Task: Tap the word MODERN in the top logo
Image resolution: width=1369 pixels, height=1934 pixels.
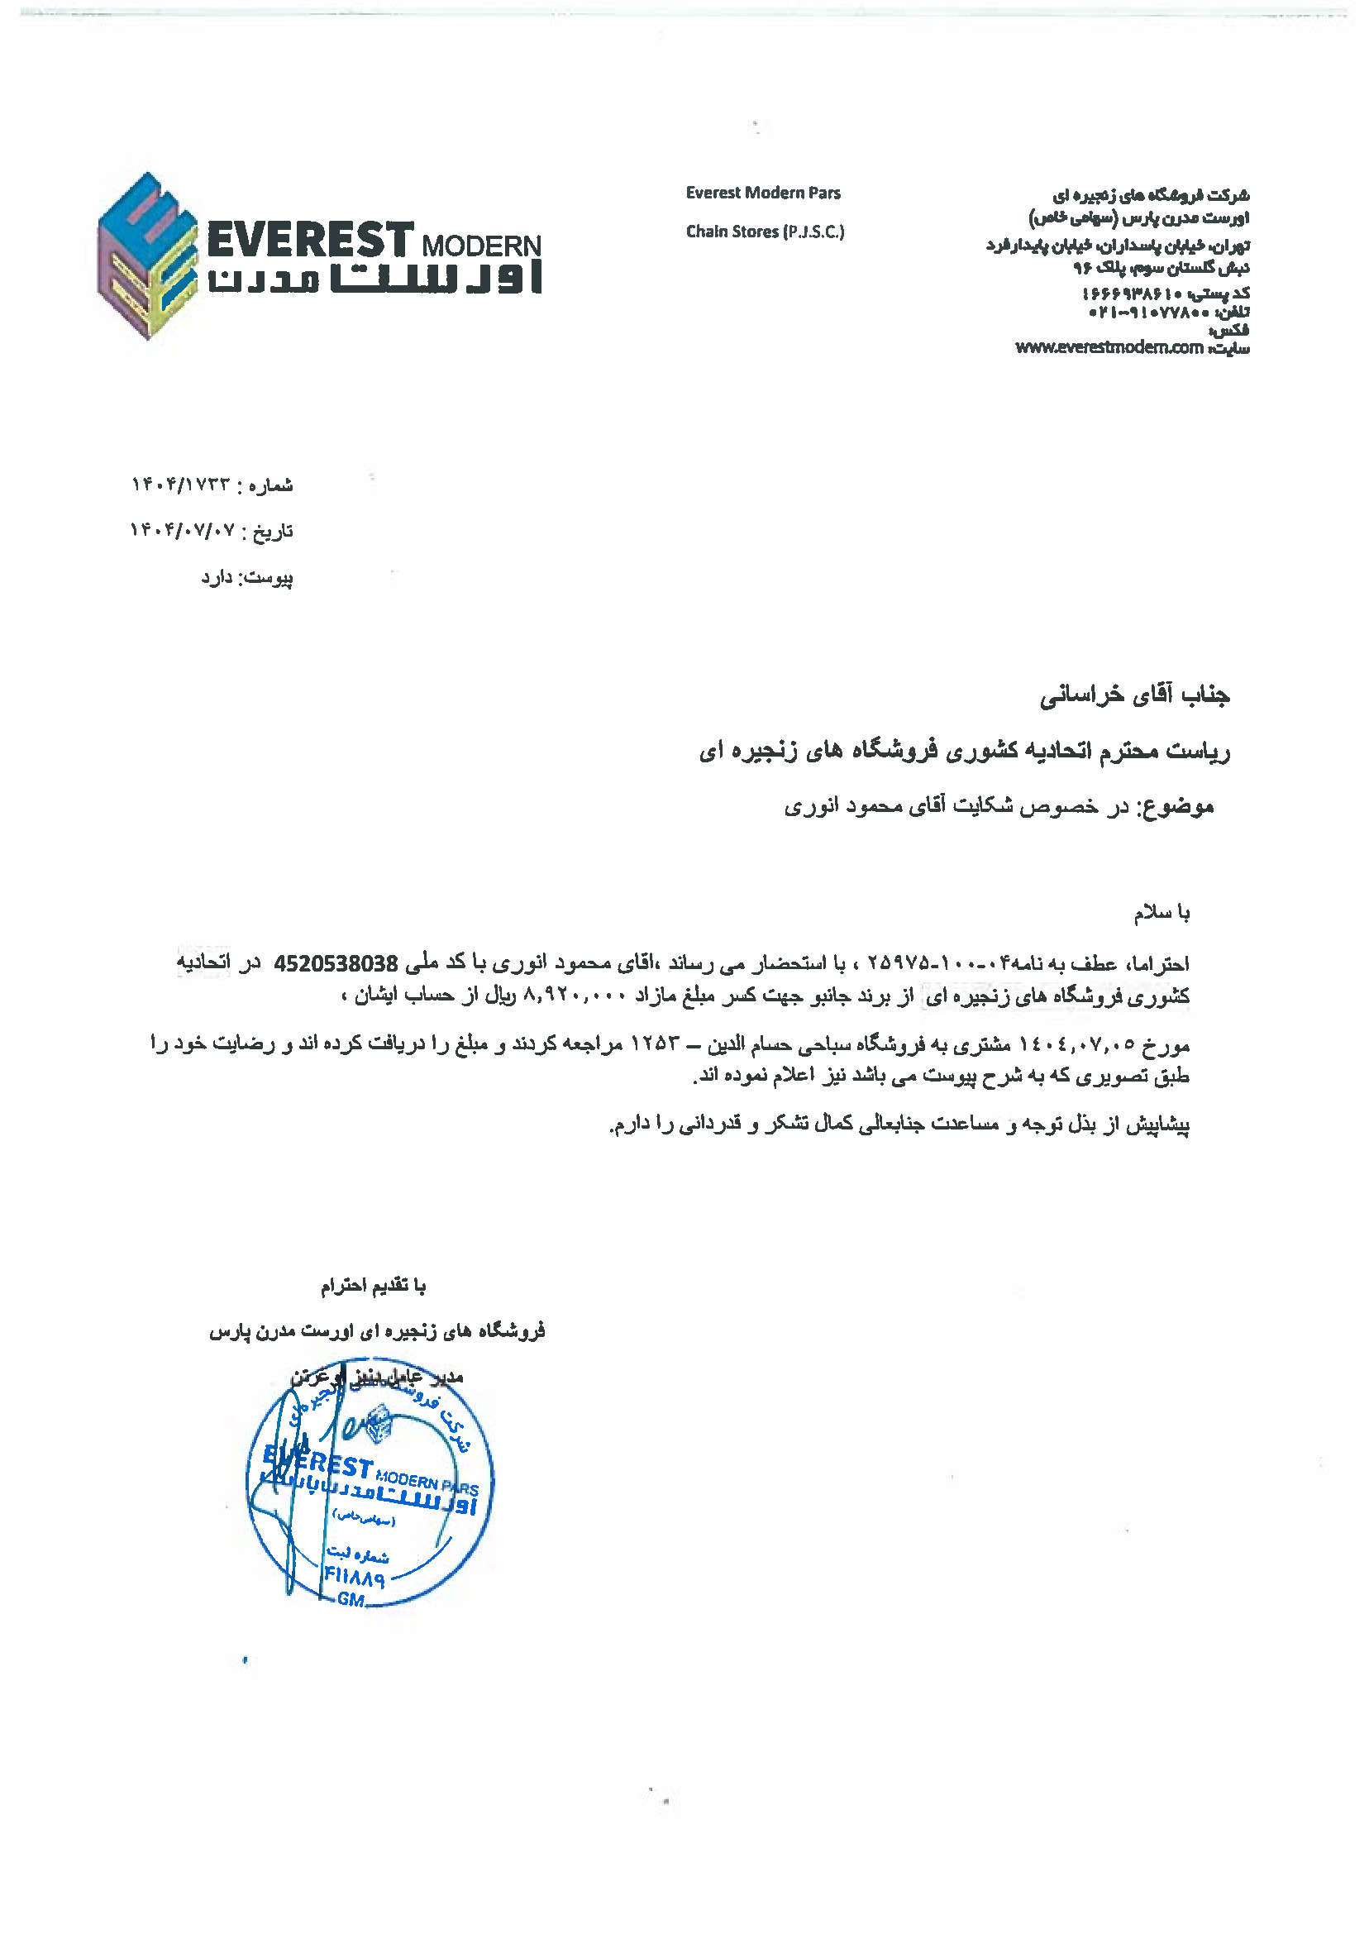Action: pyautogui.click(x=481, y=246)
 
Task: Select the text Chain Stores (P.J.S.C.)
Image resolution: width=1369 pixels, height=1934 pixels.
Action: pyautogui.click(x=765, y=232)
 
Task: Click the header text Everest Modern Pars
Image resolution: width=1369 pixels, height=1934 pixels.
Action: pyautogui.click(x=763, y=193)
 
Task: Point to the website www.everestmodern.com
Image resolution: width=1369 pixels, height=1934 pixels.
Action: pyautogui.click(x=1109, y=347)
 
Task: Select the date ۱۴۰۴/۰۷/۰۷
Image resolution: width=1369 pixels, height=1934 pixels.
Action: pyautogui.click(x=181, y=531)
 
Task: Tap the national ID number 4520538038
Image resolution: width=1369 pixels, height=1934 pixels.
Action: pyautogui.click(x=336, y=963)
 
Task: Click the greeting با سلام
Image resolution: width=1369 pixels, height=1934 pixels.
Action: pyautogui.click(x=1161, y=913)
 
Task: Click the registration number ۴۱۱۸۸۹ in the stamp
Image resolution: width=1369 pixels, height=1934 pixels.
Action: pyautogui.click(x=355, y=1577)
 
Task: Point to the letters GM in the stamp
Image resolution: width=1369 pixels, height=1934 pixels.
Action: pyautogui.click(x=351, y=1599)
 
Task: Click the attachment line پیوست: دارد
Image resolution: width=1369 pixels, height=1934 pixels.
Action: pyautogui.click(x=246, y=577)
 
